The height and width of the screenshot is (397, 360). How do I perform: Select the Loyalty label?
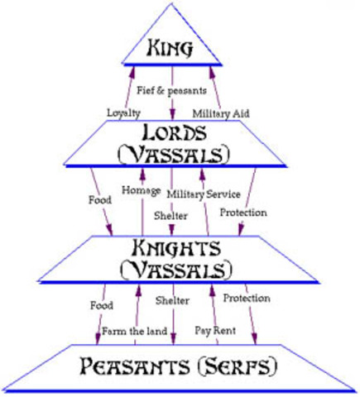(x=123, y=112)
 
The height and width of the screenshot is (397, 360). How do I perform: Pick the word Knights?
(x=175, y=247)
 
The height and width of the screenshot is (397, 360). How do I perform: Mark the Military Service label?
(x=204, y=194)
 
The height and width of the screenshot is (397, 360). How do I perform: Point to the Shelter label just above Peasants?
(x=173, y=300)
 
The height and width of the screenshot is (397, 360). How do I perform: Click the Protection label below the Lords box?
(x=243, y=213)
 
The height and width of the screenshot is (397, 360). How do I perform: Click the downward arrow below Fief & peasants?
(x=174, y=105)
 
